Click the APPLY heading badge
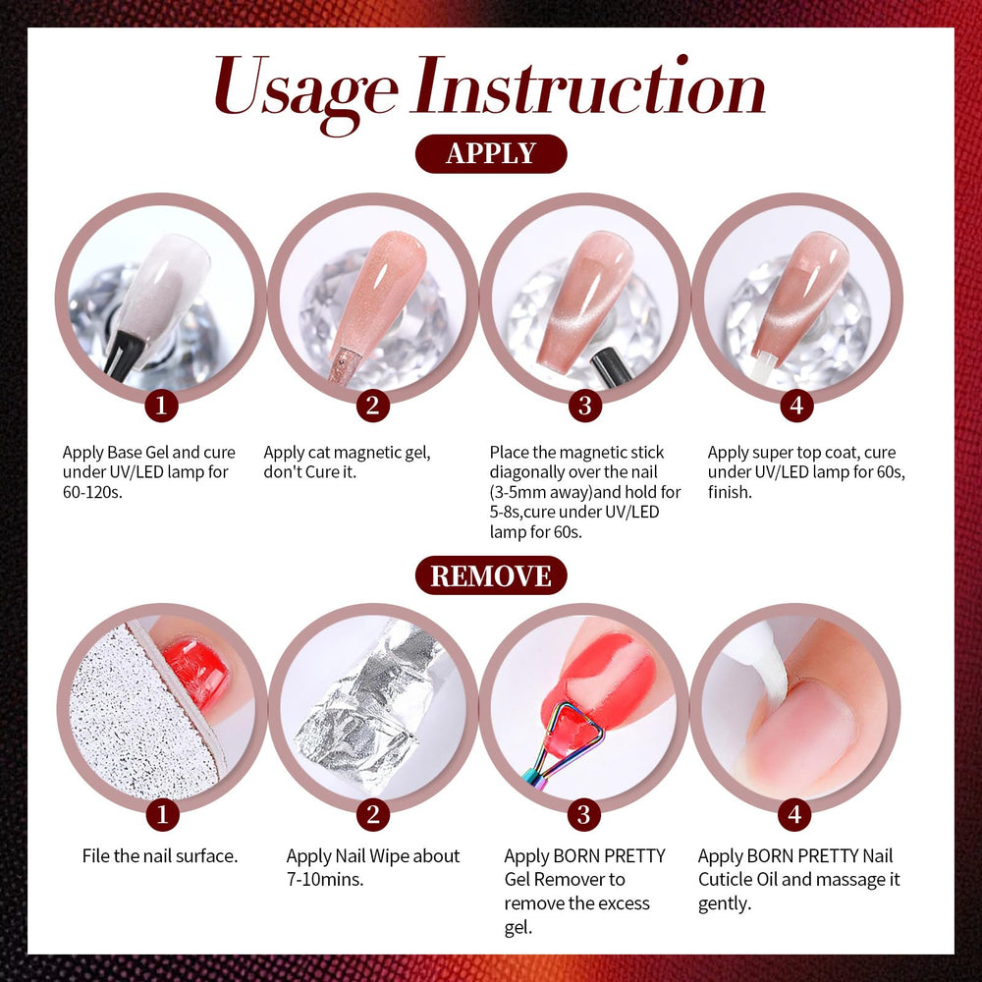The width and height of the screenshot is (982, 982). tap(491, 153)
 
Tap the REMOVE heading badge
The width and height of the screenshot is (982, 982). tap(491, 575)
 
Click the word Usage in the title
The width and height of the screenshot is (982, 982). tap(306, 90)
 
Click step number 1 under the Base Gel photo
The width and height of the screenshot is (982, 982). tap(161, 406)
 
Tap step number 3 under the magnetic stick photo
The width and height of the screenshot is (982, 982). tap(585, 406)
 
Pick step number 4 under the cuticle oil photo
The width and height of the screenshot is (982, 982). tap(795, 814)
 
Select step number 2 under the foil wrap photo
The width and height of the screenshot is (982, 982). tap(373, 814)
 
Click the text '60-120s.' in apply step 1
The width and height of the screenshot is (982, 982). tap(92, 492)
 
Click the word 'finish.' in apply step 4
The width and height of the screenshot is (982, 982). tap(730, 492)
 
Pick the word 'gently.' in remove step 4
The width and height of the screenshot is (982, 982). tap(725, 904)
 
